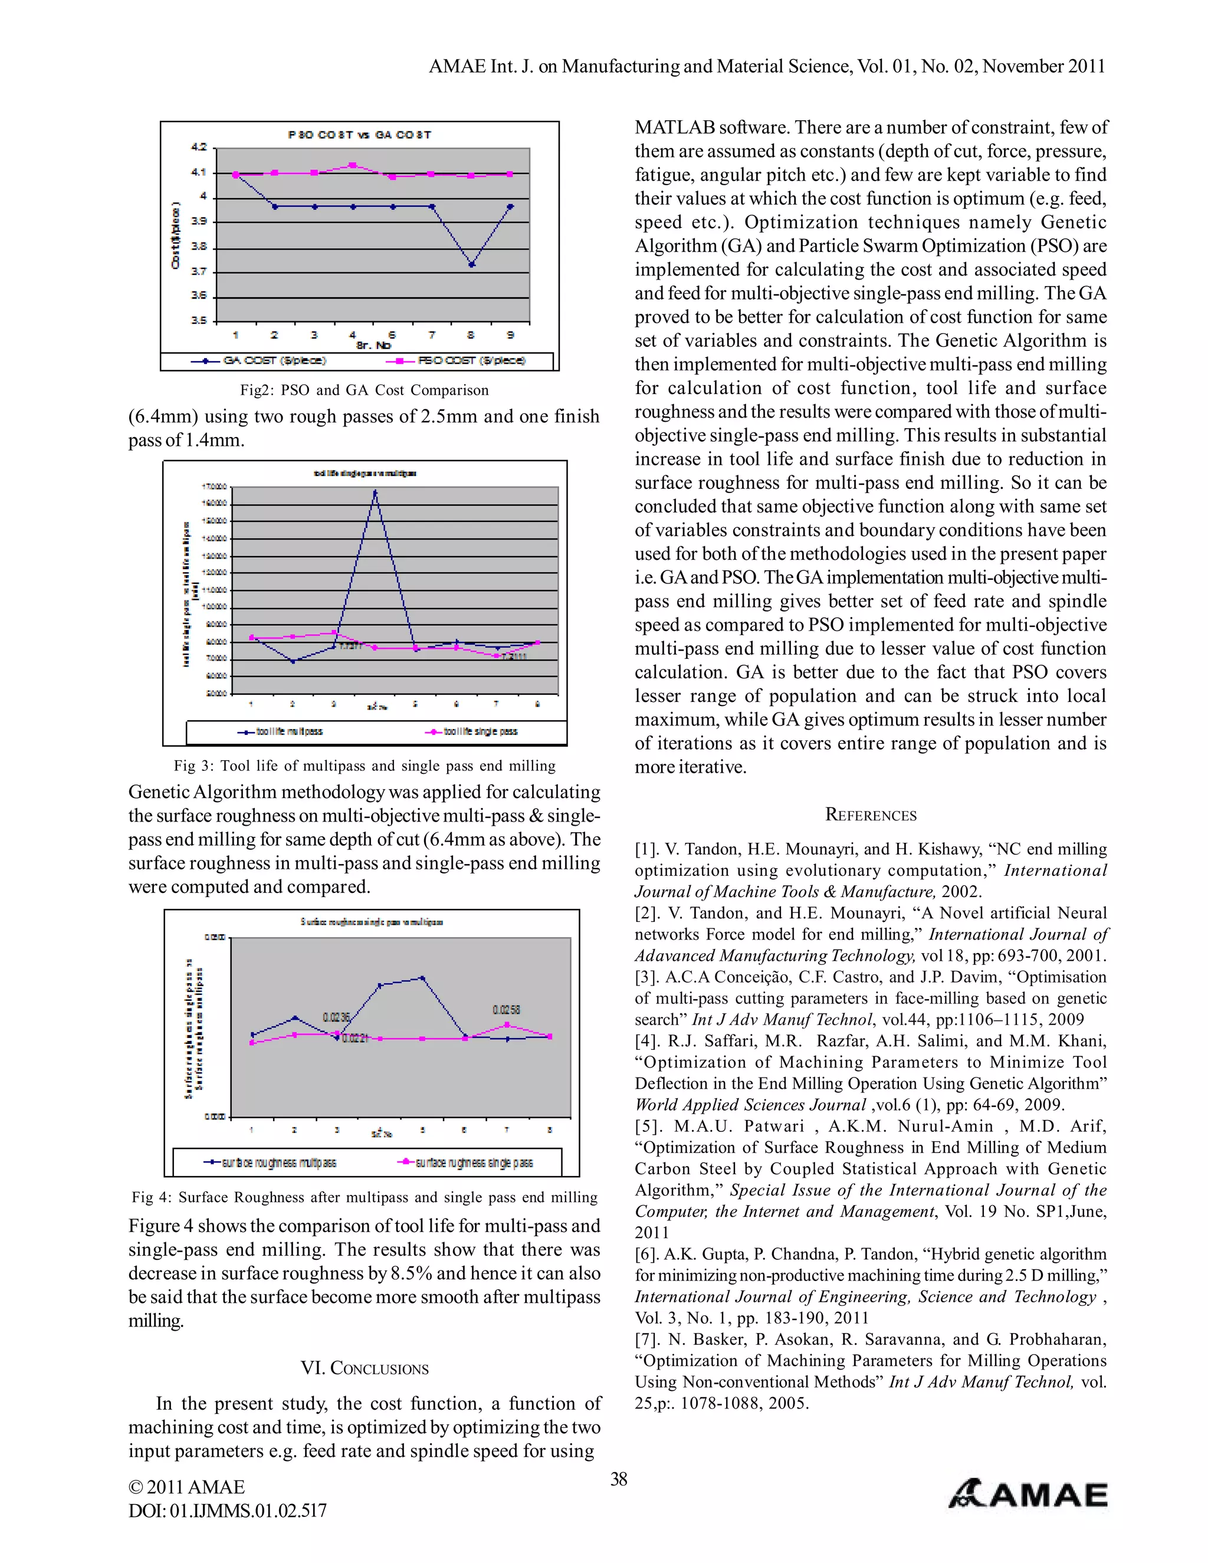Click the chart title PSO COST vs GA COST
359,134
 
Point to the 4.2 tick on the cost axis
198,147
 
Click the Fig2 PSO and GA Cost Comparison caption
365,390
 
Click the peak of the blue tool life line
375,492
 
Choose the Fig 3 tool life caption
365,766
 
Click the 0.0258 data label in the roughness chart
506,1010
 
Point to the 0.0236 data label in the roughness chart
336,1017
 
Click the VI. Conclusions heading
365,1368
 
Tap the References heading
870,815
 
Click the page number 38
618,1479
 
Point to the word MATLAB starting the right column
674,127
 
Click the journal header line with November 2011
766,67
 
